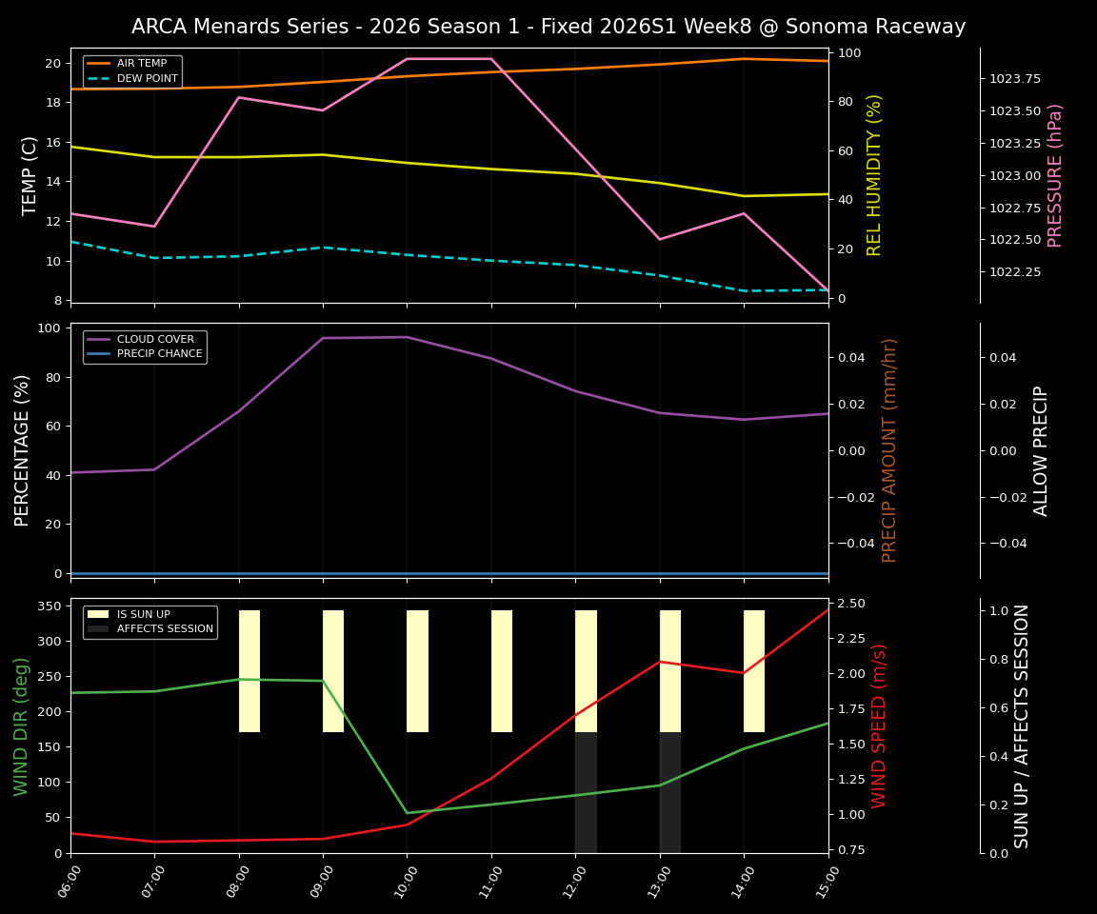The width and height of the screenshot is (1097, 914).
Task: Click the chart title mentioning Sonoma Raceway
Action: pyautogui.click(x=548, y=27)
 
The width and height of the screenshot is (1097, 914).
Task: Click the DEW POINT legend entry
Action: pyautogui.click(x=147, y=78)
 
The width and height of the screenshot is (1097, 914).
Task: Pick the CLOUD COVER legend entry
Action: pyautogui.click(x=154, y=339)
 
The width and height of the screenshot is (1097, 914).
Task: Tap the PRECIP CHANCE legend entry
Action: pyautogui.click(x=159, y=354)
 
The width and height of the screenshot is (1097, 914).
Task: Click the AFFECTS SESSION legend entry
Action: pyautogui.click(x=164, y=629)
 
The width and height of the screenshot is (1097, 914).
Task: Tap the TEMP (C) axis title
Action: pyautogui.click(x=30, y=175)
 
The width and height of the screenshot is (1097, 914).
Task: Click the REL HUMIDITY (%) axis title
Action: pyautogui.click(x=874, y=175)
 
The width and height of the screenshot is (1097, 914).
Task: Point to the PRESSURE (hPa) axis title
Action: pyautogui.click(x=1055, y=175)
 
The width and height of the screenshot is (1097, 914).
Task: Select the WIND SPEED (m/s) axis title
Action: pyautogui.click(x=879, y=725)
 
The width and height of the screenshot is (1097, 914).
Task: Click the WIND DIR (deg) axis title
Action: pyautogui.click(x=21, y=725)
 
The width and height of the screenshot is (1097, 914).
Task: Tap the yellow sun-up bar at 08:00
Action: pyautogui.click(x=249, y=671)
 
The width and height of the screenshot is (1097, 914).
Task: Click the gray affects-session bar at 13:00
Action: pyautogui.click(x=670, y=792)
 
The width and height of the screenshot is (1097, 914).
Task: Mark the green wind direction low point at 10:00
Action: pyautogui.click(x=408, y=813)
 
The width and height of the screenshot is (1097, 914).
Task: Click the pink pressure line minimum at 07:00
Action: pyautogui.click(x=154, y=226)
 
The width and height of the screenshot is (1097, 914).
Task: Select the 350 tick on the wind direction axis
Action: pyautogui.click(x=52, y=606)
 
